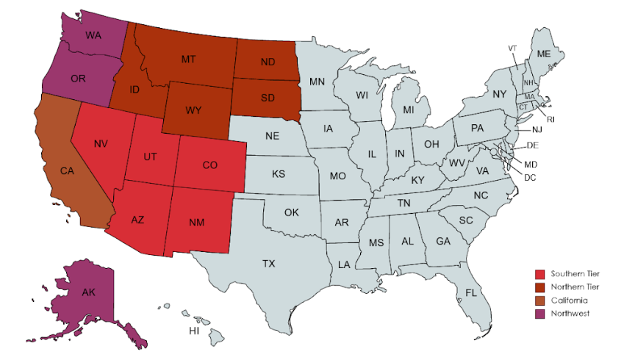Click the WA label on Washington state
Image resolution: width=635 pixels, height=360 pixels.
click(x=93, y=35)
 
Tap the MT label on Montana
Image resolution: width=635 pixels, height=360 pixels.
click(x=190, y=58)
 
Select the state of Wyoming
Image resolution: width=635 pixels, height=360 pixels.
click(x=194, y=110)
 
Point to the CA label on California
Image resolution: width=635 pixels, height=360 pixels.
click(x=67, y=171)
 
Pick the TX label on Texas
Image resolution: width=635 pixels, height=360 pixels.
click(x=269, y=263)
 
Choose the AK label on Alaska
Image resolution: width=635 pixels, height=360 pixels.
click(x=88, y=292)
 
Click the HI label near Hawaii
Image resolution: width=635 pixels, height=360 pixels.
click(x=194, y=331)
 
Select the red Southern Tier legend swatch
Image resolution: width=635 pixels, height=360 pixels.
click(x=539, y=273)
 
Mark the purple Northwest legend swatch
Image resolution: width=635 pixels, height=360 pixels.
click(x=539, y=314)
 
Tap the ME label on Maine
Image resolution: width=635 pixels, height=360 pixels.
click(x=544, y=54)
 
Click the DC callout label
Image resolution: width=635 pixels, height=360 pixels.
click(x=529, y=177)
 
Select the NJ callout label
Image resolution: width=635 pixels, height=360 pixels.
click(x=537, y=129)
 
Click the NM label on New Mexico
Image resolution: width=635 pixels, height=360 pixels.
click(x=196, y=221)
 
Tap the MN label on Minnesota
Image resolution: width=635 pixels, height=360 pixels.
click(x=317, y=81)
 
